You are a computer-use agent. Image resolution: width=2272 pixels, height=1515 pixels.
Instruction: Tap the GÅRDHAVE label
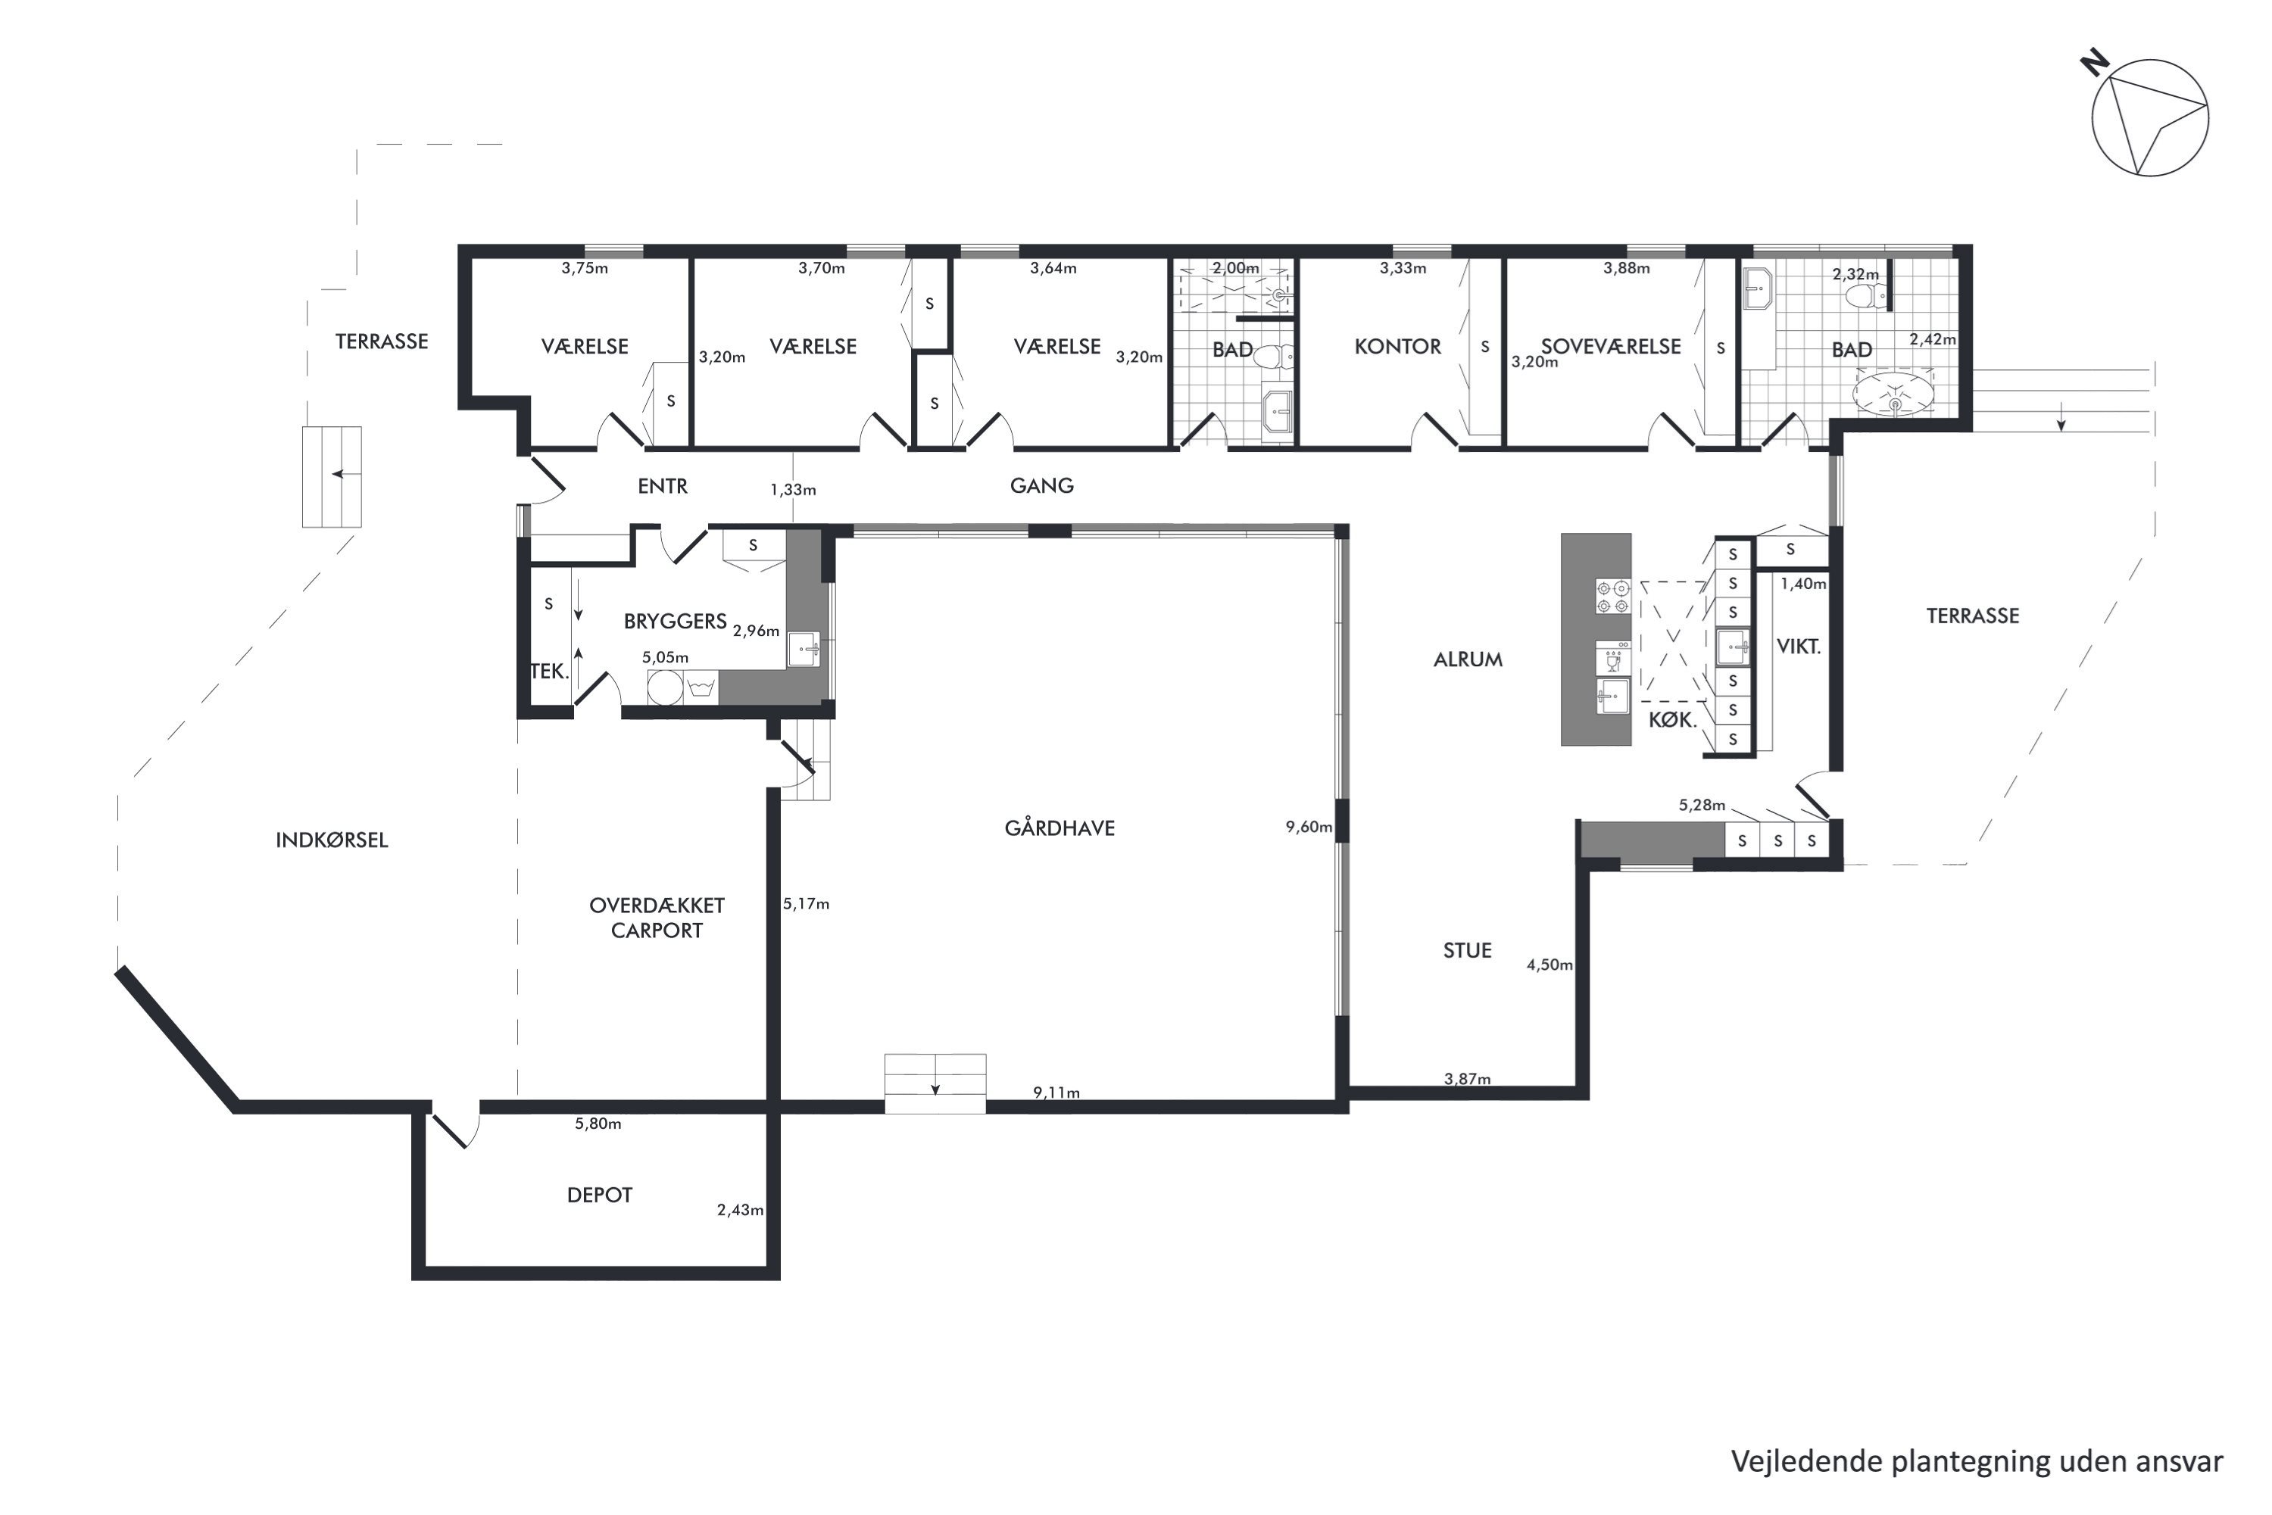pyautogui.click(x=1060, y=828)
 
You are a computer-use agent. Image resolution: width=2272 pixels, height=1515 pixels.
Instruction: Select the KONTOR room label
pyautogui.click(x=1397, y=347)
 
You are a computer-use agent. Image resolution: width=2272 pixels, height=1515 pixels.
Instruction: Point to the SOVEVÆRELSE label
pyautogui.click(x=1611, y=347)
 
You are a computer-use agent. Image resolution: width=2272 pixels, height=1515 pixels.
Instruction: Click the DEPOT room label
pyautogui.click(x=599, y=1195)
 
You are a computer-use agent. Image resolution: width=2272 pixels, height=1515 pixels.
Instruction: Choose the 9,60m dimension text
pyautogui.click(x=1309, y=827)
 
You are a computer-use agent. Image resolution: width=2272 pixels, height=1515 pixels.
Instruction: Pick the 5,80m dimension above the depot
pyautogui.click(x=598, y=1124)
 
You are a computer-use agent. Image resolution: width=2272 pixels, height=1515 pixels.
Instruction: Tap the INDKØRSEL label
pyautogui.click(x=332, y=840)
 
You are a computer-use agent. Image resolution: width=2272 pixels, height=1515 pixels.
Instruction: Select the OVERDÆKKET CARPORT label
pyautogui.click(x=657, y=918)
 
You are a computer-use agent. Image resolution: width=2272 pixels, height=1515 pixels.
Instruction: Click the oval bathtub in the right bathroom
pyautogui.click(x=1894, y=394)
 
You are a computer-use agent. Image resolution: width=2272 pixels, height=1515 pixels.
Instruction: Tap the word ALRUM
pyautogui.click(x=1468, y=660)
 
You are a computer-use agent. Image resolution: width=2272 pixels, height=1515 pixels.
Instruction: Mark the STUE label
pyautogui.click(x=1467, y=951)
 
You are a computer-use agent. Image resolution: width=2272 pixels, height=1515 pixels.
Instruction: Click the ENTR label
pyautogui.click(x=662, y=486)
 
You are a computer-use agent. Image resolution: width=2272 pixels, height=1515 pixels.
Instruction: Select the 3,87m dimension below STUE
pyautogui.click(x=1467, y=1079)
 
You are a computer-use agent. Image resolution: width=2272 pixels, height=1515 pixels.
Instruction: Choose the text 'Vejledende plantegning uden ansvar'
pyautogui.click(x=1977, y=1462)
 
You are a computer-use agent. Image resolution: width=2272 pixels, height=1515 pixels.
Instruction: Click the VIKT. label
pyautogui.click(x=1799, y=647)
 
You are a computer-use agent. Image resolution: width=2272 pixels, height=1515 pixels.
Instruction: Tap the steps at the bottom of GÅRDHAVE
pyautogui.click(x=935, y=1084)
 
